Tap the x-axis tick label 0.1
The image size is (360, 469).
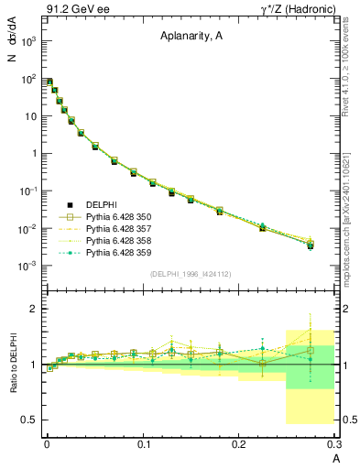pyautogui.click(x=143, y=444)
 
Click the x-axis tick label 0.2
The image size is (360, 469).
pyautogui.click(x=239, y=444)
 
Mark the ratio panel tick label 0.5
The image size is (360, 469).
pyautogui.click(x=27, y=420)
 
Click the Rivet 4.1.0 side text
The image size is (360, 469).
pyautogui.click(x=352, y=64)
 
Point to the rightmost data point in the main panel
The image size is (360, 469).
pyautogui.click(x=311, y=245)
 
